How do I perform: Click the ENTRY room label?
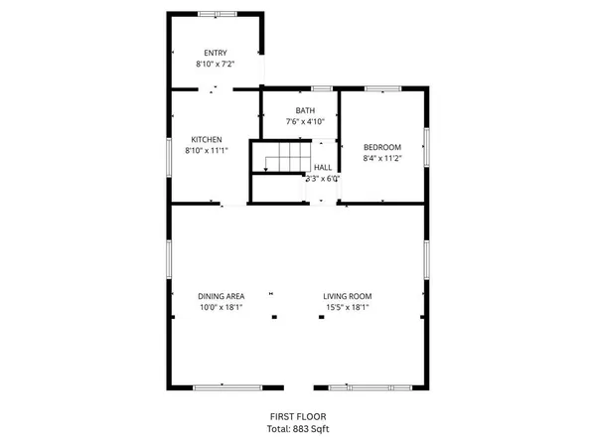[x=215, y=53]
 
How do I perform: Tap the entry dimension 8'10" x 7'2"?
[x=215, y=64]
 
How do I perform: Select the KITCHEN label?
[x=207, y=139]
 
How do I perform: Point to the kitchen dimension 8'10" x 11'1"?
[x=207, y=151]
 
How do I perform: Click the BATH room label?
[x=304, y=110]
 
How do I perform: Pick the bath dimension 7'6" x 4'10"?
[x=305, y=121]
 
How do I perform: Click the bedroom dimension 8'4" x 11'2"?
[x=380, y=157]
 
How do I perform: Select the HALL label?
[x=323, y=169]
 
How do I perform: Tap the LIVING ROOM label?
[x=348, y=296]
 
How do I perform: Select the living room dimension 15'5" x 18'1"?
[x=348, y=308]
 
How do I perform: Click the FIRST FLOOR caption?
[x=298, y=416]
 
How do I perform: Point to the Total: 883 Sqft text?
[x=298, y=428]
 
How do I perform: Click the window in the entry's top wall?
[x=217, y=13]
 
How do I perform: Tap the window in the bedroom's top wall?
[x=379, y=89]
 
